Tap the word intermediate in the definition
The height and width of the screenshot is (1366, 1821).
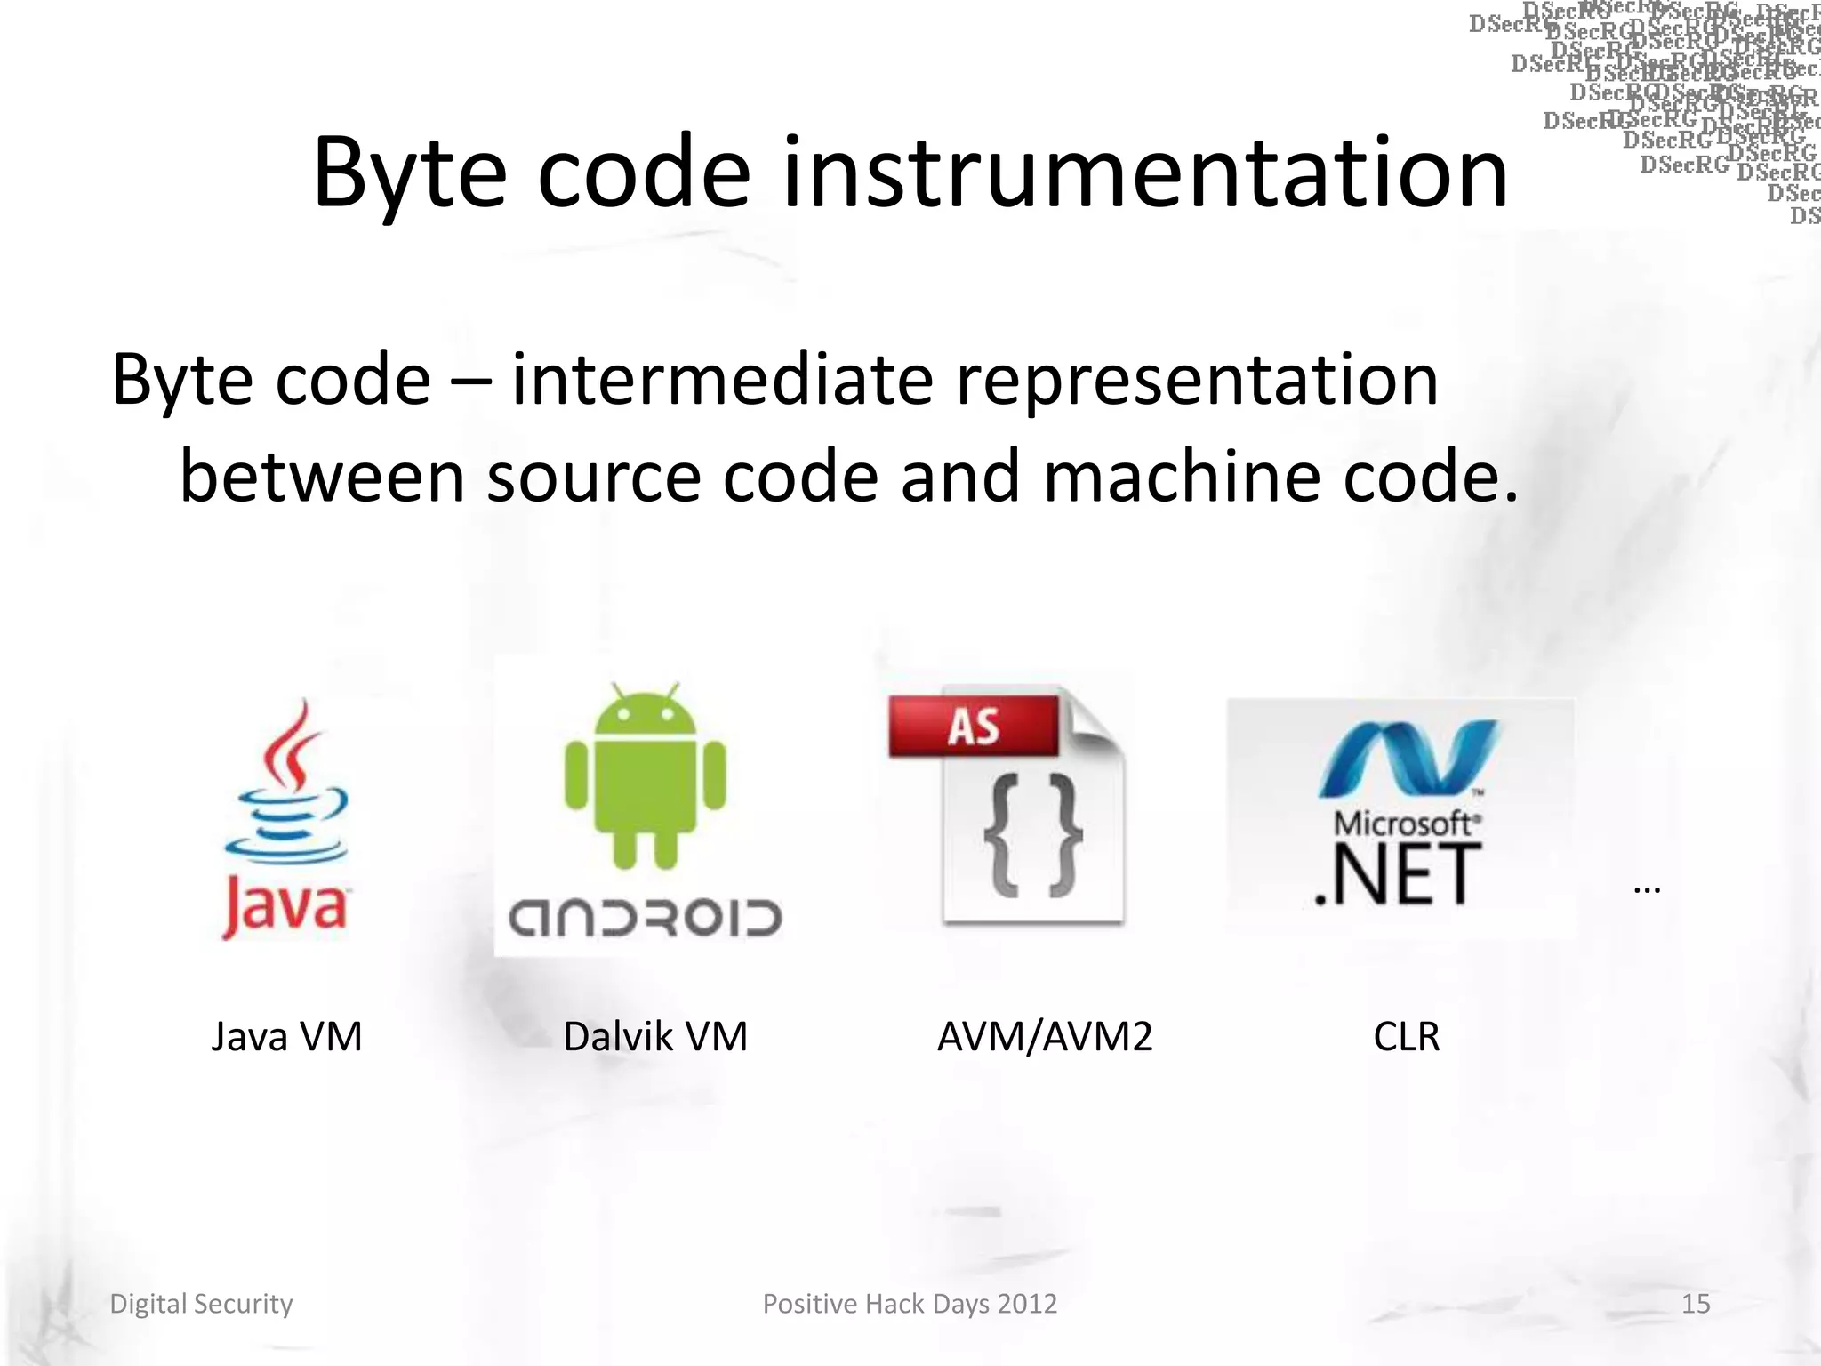[x=722, y=380]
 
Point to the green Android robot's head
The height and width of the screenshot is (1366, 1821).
[x=645, y=716]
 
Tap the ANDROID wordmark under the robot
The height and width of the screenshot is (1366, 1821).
[x=645, y=917]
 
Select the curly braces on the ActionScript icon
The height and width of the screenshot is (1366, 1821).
[x=1032, y=836]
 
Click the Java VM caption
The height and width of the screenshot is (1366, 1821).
[x=286, y=1037]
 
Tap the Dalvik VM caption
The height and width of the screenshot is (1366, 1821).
[x=655, y=1037]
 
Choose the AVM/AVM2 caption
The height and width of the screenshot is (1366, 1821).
[x=1045, y=1037]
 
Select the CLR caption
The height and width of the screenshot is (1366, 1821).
[x=1406, y=1037]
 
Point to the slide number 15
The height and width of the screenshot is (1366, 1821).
[x=1696, y=1304]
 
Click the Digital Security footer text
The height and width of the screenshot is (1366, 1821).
[x=201, y=1304]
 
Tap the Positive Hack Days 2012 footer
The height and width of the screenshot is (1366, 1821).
[x=910, y=1304]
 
